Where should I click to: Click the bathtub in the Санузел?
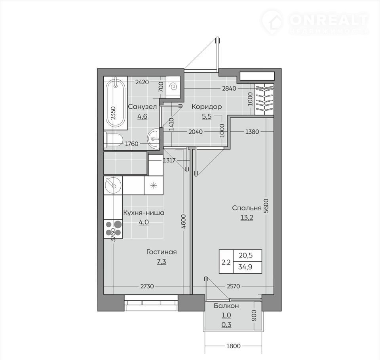click(115, 103)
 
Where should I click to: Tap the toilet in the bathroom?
click(114, 140)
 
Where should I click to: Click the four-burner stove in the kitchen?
click(113, 229)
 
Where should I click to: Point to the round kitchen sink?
click(113, 185)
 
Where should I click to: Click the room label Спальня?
click(247, 208)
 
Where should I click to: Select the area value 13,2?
click(247, 218)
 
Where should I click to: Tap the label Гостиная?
click(161, 252)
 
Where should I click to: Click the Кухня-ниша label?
click(144, 213)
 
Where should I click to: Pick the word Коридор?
click(207, 106)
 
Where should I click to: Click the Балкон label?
click(226, 306)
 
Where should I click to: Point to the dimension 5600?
click(266, 206)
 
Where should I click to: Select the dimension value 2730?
click(147, 286)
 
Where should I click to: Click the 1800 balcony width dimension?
click(234, 346)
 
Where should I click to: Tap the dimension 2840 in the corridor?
click(229, 89)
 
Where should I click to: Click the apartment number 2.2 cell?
click(226, 262)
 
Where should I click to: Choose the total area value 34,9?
click(245, 267)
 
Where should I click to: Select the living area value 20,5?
click(246, 255)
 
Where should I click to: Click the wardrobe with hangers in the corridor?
click(264, 99)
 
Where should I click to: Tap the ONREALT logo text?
click(329, 20)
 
